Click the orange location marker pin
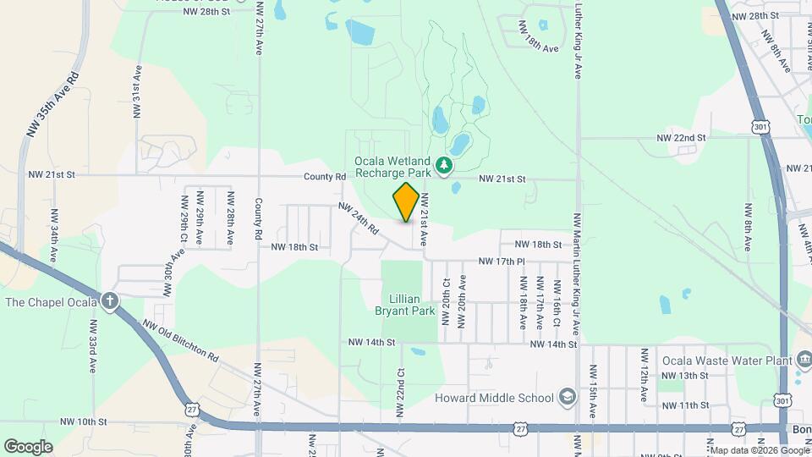(x=406, y=202)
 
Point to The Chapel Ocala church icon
(x=110, y=301)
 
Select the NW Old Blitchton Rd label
(x=180, y=339)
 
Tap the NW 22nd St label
(x=682, y=137)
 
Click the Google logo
(x=27, y=447)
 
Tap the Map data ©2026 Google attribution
(x=759, y=450)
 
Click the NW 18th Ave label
(x=540, y=48)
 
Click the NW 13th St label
(x=684, y=375)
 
